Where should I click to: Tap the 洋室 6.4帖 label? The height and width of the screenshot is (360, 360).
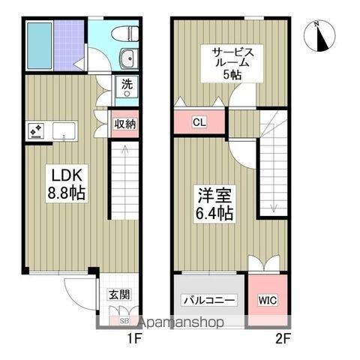214,204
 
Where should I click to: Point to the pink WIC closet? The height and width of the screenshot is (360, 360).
267,300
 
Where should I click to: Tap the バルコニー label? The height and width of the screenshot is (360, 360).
210,301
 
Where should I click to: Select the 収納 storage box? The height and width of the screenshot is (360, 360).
124,124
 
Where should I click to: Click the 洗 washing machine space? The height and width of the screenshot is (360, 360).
127,85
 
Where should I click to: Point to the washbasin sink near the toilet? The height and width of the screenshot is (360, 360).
127,58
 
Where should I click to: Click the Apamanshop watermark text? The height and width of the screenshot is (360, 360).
178,322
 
